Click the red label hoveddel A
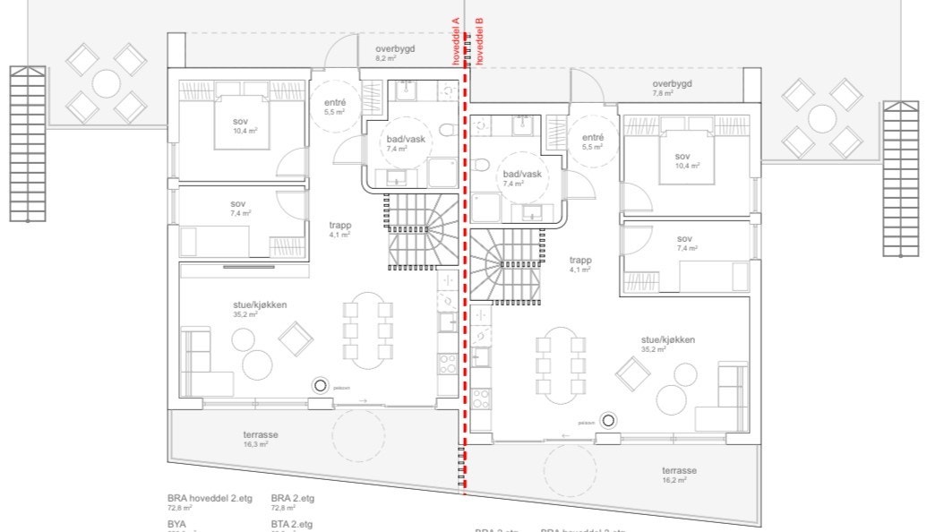pos(456,40)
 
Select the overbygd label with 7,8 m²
pos(672,88)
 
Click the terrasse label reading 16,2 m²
pos(680,475)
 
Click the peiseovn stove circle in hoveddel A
pos(320,385)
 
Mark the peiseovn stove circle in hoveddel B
pos(609,419)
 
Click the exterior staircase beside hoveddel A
pos(27,143)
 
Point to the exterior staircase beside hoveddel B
pos(900,178)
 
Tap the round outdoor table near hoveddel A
pos(106,84)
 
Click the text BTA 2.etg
pos(292,524)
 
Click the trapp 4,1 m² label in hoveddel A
pos(339,229)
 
